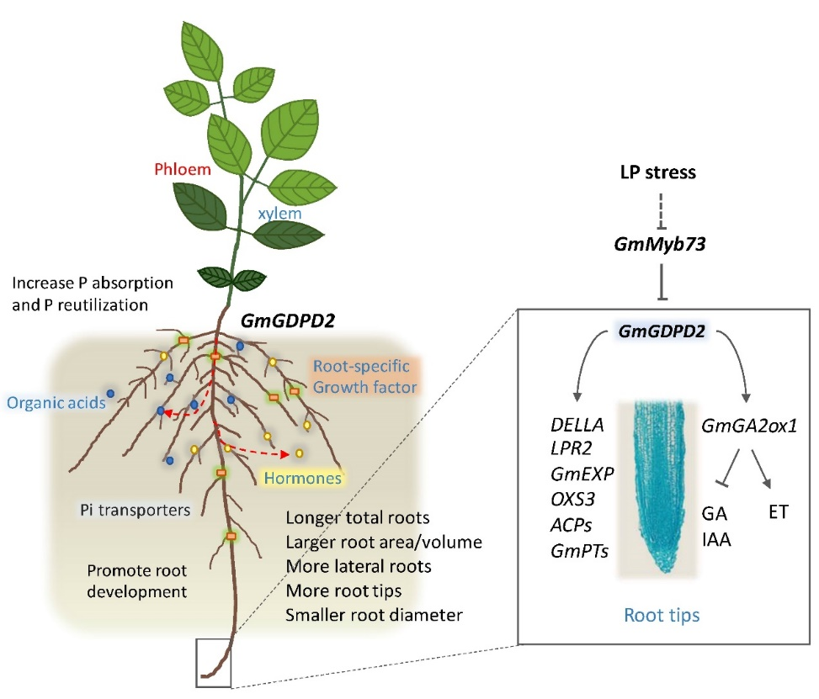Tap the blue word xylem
tap(281, 214)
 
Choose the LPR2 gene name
tap(567, 451)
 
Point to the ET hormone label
tap(778, 511)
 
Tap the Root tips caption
tap(662, 615)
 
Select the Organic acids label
tap(54, 401)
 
